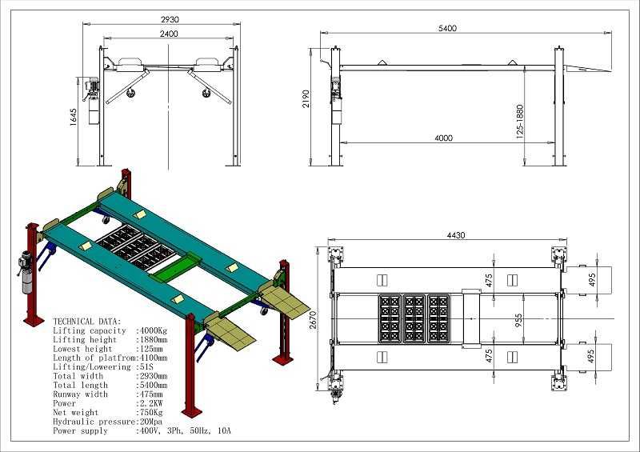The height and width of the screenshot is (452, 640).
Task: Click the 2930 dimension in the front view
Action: (x=170, y=19)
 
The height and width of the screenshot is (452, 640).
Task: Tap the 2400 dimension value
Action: (x=169, y=34)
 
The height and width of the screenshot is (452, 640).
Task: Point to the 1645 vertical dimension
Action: (x=74, y=117)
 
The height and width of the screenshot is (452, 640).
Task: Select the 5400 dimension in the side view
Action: (x=447, y=28)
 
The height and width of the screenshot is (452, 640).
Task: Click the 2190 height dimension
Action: (x=306, y=98)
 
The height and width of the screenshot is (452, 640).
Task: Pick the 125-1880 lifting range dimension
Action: (x=519, y=122)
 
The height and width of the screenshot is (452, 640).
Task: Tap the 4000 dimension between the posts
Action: (x=443, y=138)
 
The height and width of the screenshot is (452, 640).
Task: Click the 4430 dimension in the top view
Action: (x=455, y=235)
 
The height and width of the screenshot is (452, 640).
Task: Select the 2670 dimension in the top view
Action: (x=312, y=320)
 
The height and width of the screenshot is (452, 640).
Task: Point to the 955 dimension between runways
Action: (x=518, y=321)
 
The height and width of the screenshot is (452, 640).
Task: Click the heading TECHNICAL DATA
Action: (x=87, y=322)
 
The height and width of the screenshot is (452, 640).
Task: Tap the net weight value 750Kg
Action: (x=151, y=412)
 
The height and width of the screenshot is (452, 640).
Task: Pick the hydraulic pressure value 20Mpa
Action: (x=151, y=422)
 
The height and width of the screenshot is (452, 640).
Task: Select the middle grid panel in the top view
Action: (x=414, y=319)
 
